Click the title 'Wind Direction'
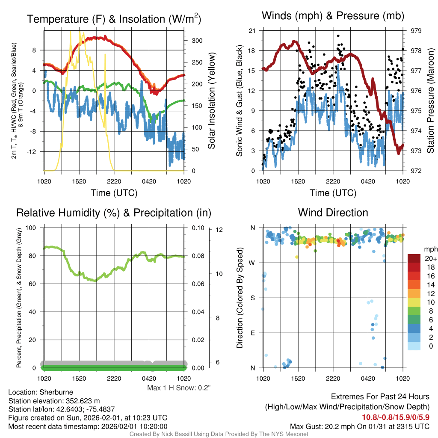333,213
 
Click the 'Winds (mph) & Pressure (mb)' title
333,16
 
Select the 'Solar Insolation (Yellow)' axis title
212,101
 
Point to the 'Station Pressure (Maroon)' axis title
431,101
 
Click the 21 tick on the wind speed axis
252,31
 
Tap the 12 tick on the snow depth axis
220,230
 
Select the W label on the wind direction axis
253,263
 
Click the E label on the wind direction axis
253,333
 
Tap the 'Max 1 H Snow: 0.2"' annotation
179,388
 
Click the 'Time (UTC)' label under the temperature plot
114,193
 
